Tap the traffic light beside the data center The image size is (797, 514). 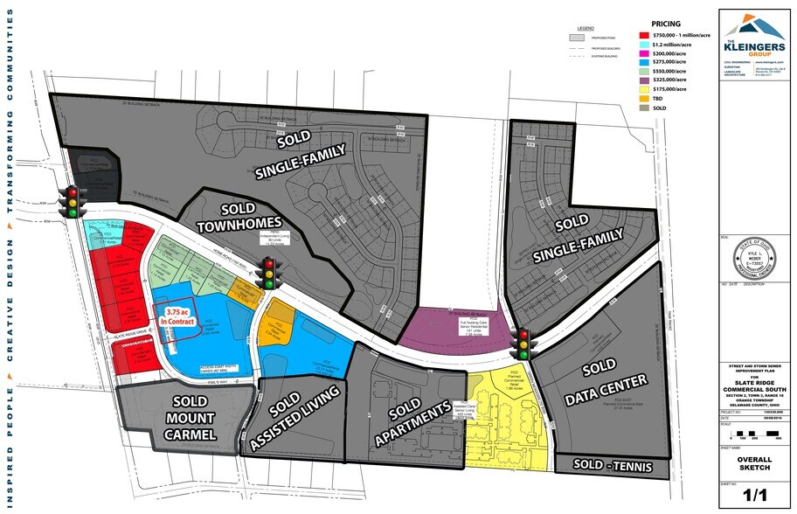point(523,343)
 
